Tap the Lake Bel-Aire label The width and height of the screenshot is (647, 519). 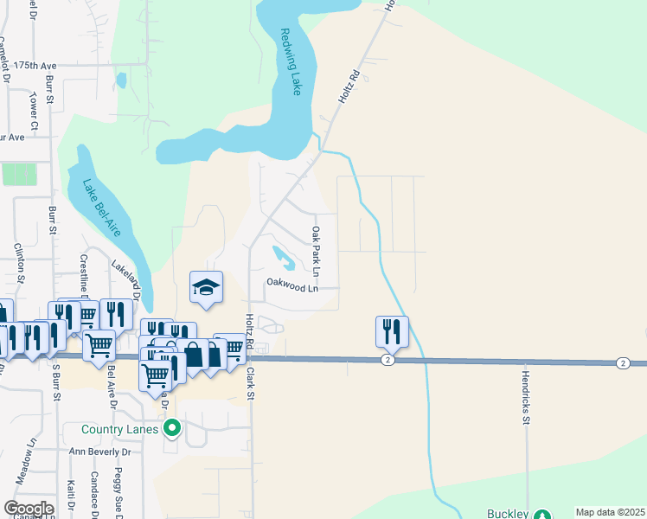click(101, 208)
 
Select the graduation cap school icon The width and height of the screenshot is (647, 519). click(207, 288)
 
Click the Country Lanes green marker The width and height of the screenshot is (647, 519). click(173, 428)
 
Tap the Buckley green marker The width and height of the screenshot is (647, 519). click(542, 514)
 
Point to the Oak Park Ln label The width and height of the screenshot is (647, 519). click(317, 252)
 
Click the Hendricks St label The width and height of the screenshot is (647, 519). click(525, 399)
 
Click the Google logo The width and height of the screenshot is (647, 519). click(29, 509)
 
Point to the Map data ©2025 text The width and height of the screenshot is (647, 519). click(610, 512)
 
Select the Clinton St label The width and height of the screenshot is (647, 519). click(19, 265)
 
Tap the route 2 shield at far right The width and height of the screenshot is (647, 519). click(623, 362)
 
